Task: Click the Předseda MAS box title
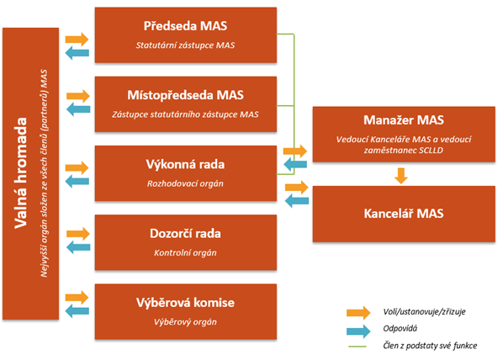click(185, 26)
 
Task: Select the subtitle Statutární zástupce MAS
click(185, 45)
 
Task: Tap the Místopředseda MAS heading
click(185, 95)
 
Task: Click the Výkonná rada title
click(185, 164)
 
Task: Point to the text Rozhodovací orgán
click(185, 184)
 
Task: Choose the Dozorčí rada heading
click(185, 233)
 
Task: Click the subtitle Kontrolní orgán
click(185, 253)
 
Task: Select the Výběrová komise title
click(185, 303)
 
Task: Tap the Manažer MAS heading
click(404, 120)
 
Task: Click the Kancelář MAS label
click(404, 214)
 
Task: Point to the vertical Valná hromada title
click(20, 173)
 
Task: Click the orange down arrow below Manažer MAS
click(401, 176)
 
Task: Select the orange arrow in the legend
click(358, 312)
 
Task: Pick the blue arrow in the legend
click(358, 331)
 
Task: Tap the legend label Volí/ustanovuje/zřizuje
click(424, 311)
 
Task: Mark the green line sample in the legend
click(357, 347)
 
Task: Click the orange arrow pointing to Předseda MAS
click(77, 40)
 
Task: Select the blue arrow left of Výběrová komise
click(77, 311)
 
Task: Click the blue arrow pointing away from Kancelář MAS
click(297, 201)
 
